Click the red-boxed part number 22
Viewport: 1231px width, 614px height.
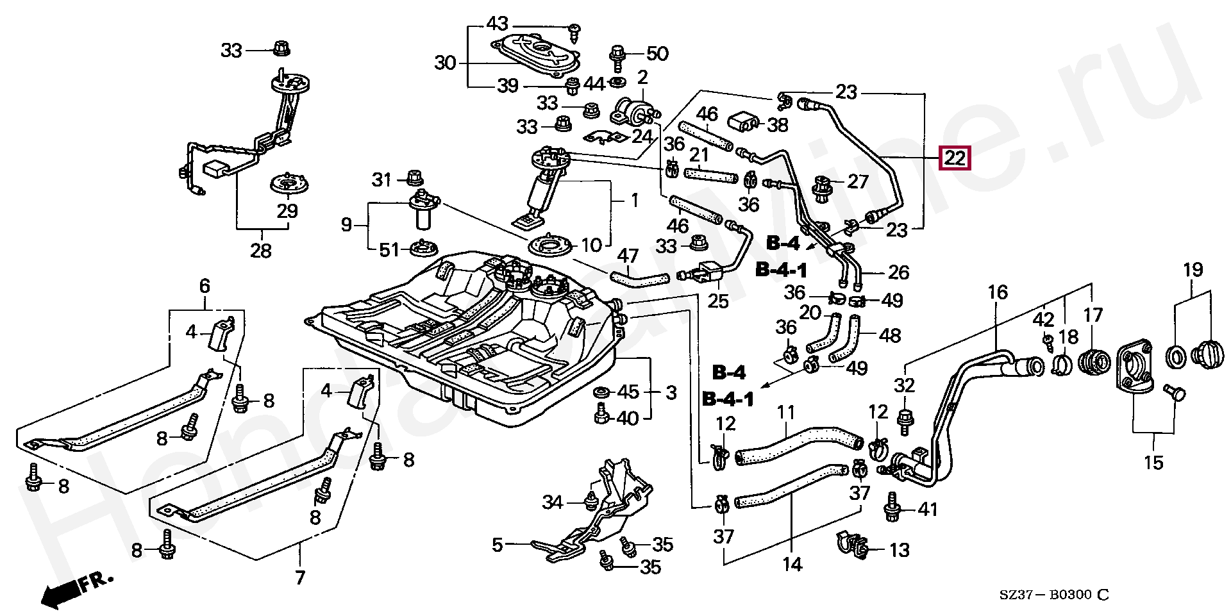click(x=955, y=158)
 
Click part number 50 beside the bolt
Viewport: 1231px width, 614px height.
click(x=657, y=54)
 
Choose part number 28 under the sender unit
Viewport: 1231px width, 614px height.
click(x=261, y=250)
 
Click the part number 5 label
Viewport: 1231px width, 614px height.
click(x=498, y=545)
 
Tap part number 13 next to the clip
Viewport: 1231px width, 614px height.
click(x=900, y=550)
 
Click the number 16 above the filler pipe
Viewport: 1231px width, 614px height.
click(x=998, y=293)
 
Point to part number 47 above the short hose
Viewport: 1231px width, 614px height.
click(x=628, y=256)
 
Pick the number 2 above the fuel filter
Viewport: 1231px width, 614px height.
click(x=642, y=78)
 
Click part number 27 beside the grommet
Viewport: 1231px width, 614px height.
click(x=857, y=182)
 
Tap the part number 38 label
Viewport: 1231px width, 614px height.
click(x=777, y=124)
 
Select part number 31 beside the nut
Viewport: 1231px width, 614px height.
click(x=381, y=180)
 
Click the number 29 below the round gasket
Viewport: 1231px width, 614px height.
click(x=287, y=211)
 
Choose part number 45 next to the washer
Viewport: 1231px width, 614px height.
click(x=628, y=392)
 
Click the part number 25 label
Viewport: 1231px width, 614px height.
click(x=718, y=301)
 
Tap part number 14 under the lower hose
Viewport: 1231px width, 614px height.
click(x=792, y=564)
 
